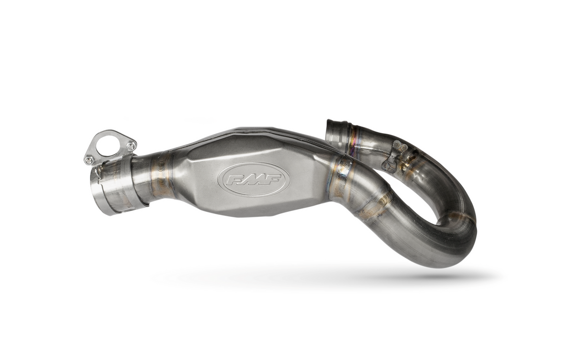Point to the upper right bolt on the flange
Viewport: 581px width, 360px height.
[x=131, y=146]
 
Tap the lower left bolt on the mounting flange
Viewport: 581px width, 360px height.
[x=89, y=160]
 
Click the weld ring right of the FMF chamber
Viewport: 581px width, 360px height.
[x=342, y=177]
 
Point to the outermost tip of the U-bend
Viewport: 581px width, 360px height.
[x=474, y=225]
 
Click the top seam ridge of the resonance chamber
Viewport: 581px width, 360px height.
[x=258, y=130]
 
